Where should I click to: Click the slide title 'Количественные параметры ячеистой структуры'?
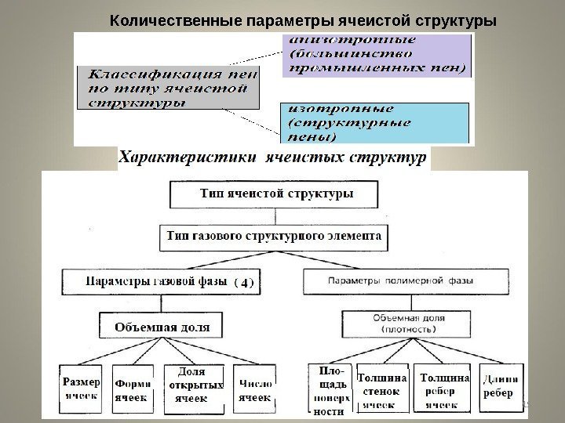coord(302,18)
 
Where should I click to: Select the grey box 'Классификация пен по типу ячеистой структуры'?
coord(168,88)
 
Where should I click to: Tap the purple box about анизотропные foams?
coord(377,54)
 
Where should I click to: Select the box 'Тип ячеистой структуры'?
coord(275,193)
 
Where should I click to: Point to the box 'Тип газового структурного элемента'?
coord(275,235)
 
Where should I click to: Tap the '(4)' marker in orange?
coord(246,281)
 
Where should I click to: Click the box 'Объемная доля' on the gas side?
coord(161,325)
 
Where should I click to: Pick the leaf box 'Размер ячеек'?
coord(81,389)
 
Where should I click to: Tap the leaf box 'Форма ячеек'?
coord(133,390)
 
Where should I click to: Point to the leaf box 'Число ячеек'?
coord(254,390)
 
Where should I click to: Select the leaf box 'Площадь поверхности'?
coord(330,389)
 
